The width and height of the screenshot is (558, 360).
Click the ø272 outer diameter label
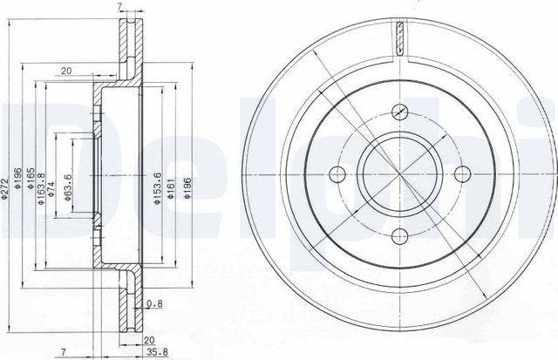point(3,187)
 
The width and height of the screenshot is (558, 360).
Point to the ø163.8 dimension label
point(41,189)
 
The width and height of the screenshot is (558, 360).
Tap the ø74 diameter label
point(51,189)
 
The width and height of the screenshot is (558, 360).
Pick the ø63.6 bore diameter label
point(68,187)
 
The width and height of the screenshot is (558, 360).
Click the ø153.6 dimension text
point(157,188)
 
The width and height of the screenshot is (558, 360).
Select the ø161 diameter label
point(171,188)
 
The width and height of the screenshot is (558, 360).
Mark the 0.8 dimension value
point(154,303)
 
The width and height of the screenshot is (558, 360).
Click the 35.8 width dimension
point(157,352)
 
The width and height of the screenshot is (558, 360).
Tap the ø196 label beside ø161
point(187,187)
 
